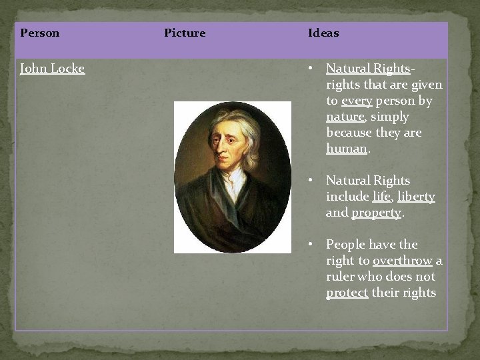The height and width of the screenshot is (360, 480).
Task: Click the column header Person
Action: [40, 33]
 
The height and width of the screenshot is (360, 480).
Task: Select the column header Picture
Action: [185, 33]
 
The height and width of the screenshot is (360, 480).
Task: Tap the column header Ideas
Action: [323, 33]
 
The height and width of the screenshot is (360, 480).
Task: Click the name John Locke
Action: [53, 68]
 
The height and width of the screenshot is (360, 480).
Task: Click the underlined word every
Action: [357, 101]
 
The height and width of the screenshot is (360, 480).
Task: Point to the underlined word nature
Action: [345, 117]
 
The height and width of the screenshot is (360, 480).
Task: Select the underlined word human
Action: [346, 149]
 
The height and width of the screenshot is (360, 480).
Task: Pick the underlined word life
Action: [381, 197]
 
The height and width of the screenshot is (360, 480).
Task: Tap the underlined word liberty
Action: [416, 197]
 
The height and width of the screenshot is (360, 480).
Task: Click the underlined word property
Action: [376, 213]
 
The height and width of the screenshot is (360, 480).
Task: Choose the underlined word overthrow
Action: [402, 261]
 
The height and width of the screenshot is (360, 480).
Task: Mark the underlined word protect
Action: [347, 293]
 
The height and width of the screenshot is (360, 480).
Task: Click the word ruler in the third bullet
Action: [340, 277]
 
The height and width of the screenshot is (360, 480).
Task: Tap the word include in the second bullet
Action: [347, 197]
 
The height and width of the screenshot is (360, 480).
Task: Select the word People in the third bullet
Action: [344, 245]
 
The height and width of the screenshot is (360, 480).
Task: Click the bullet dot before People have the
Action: [311, 245]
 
